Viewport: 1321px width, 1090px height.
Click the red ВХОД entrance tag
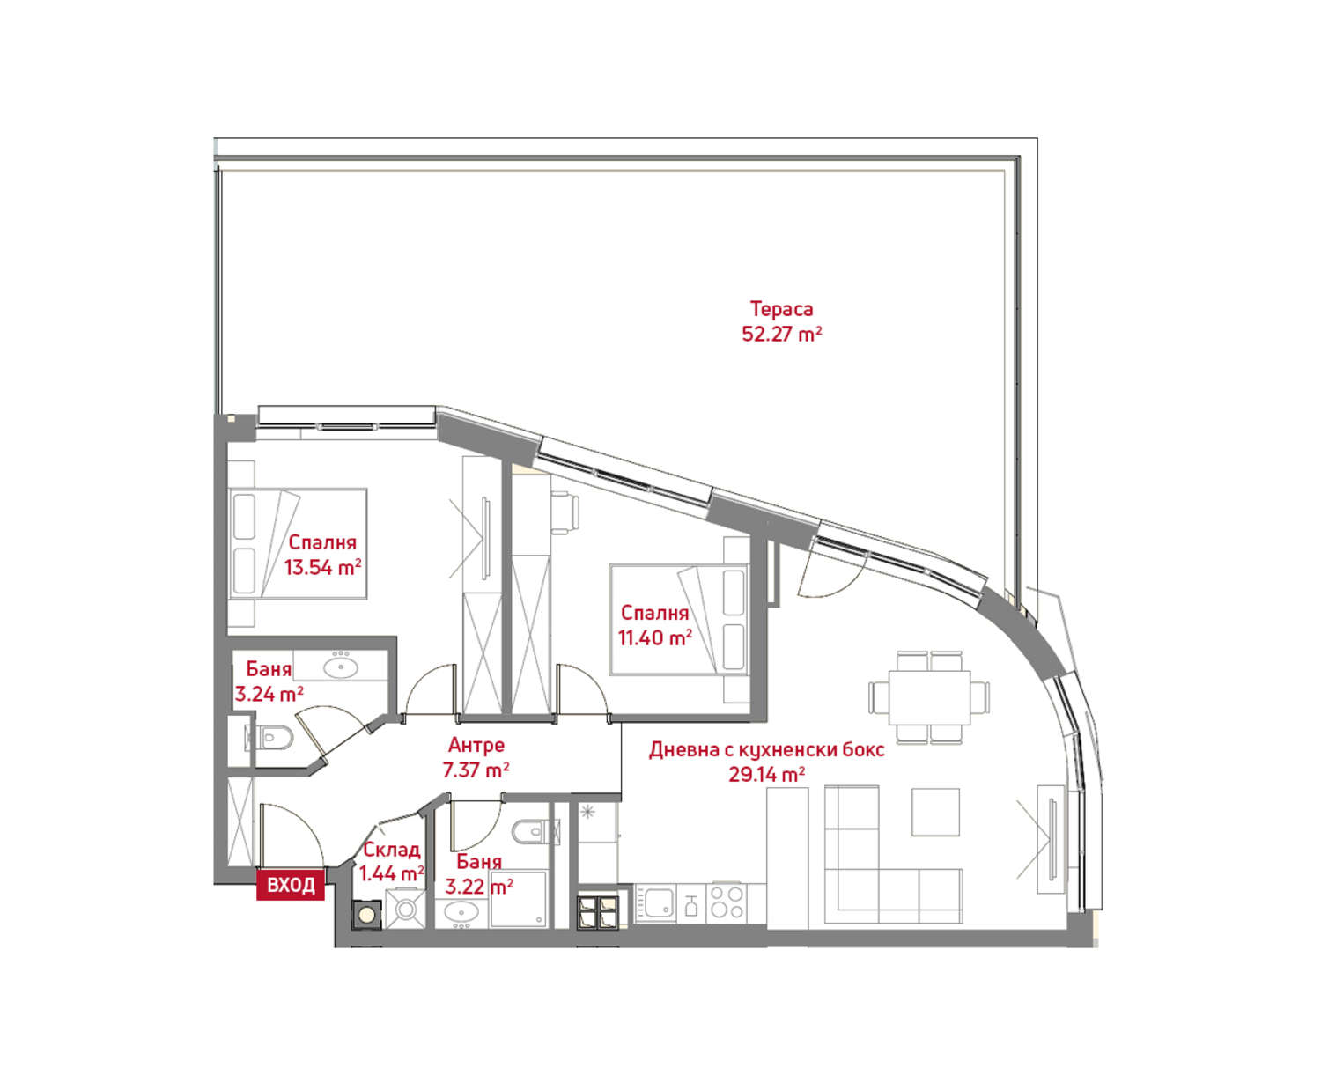point(291,884)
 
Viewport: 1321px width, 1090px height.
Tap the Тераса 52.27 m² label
point(781,321)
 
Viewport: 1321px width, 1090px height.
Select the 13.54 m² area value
point(322,567)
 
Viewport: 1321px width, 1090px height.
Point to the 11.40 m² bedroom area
point(655,637)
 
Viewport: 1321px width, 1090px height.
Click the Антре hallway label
point(476,745)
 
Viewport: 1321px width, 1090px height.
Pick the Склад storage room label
point(392,850)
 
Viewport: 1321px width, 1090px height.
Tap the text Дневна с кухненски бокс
point(767,749)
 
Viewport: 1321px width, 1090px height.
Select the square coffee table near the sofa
point(935,812)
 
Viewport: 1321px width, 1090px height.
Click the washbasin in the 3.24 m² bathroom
point(340,667)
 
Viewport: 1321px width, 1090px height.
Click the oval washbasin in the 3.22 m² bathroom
point(461,911)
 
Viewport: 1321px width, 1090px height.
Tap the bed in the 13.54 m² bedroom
point(298,543)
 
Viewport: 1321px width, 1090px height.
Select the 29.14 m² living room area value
point(767,774)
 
